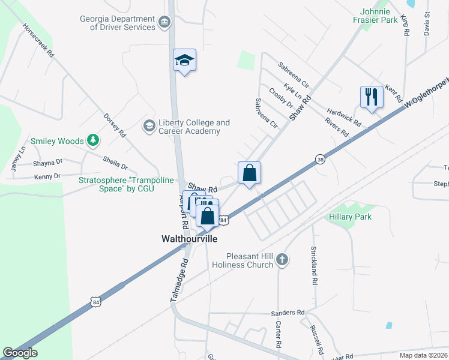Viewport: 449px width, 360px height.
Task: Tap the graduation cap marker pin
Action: [x=185, y=61]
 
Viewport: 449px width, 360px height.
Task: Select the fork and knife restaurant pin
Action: [x=372, y=97]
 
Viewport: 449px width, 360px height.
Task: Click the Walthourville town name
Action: [x=189, y=238]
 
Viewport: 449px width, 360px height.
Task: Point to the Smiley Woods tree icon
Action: [x=92, y=140]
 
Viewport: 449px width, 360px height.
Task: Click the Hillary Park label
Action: [x=350, y=217]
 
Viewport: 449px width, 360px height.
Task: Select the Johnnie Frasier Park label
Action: [x=379, y=16]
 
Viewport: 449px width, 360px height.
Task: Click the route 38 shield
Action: [x=321, y=159]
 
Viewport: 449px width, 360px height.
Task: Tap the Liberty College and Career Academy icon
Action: [x=148, y=126]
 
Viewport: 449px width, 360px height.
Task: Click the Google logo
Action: [x=20, y=353]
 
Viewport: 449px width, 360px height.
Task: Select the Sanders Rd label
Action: [x=288, y=313]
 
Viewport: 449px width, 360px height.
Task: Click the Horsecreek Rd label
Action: [x=38, y=40]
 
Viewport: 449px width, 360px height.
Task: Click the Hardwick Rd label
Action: [x=344, y=116]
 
